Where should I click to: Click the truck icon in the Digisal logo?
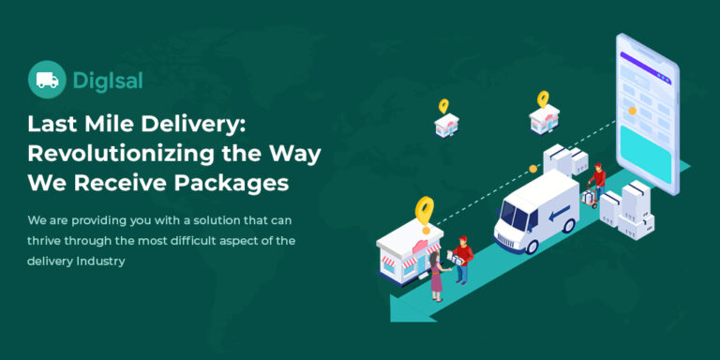47,81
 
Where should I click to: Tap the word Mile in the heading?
112,124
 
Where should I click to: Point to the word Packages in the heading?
235,184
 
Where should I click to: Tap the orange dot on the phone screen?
633,111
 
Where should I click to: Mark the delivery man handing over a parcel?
460,261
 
